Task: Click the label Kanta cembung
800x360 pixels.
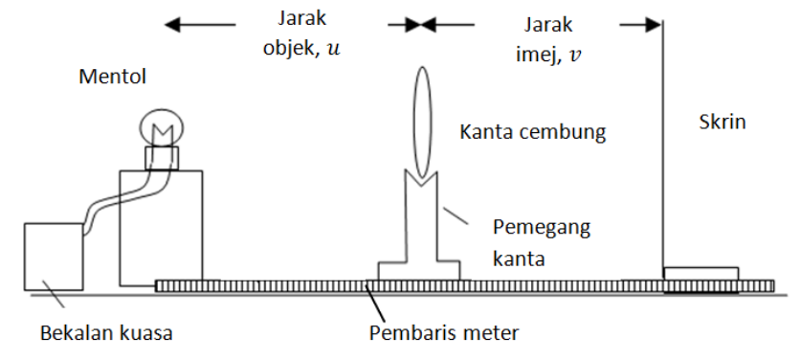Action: coord(533,131)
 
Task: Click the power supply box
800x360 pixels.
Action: coord(52,256)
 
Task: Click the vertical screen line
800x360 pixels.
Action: coord(662,144)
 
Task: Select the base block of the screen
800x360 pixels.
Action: coord(700,275)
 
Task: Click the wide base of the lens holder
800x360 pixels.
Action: coord(420,270)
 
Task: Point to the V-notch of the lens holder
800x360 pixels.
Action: coord(420,177)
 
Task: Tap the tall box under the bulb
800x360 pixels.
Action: coord(161,228)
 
